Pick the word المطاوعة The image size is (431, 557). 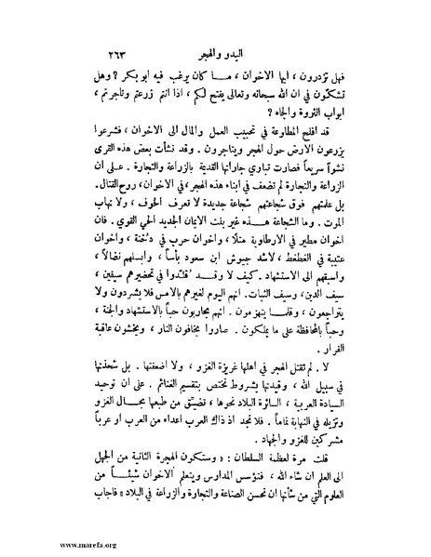click(290, 131)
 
